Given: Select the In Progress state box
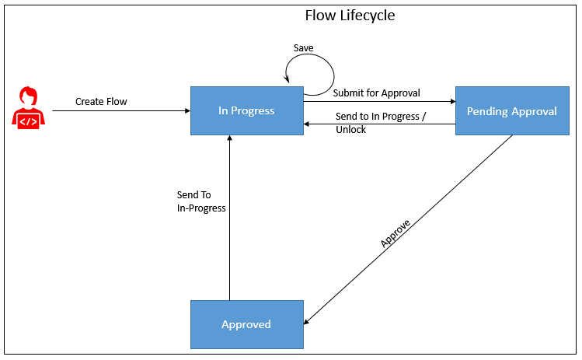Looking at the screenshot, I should click(246, 110).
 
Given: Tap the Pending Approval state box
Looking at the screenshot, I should click(511, 110).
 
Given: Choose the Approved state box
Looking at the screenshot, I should click(246, 323).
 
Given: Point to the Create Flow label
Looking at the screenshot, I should click(101, 101).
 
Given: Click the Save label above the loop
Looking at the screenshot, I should click(303, 48).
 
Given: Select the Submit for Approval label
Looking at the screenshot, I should click(376, 93).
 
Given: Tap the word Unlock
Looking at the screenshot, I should click(350, 129).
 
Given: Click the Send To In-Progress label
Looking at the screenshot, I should click(200, 201).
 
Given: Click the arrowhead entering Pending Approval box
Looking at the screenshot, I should click(451, 101).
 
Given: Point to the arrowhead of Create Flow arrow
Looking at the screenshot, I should click(187, 111).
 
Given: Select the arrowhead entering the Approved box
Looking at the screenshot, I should click(307, 322).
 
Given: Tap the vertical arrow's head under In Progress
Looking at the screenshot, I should click(229, 138).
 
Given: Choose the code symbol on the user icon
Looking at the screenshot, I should click(29, 121).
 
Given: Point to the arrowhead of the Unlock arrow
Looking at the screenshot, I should click(307, 123).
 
